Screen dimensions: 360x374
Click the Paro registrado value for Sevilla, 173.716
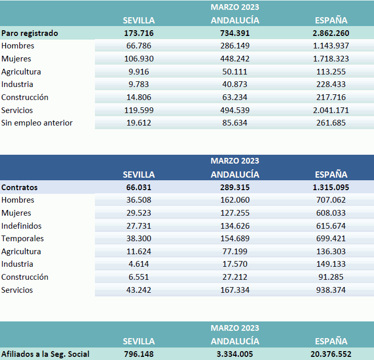coord(138,33)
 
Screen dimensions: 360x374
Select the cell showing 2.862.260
coord(331,33)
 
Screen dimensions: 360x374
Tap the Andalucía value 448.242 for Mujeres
coord(235,59)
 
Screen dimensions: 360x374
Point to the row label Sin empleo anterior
coord(37,123)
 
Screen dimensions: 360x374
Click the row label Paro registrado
coord(30,33)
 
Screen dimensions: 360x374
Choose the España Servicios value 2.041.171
coord(331,110)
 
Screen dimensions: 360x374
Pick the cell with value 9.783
coord(138,84)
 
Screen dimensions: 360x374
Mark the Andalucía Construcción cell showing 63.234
coord(235,97)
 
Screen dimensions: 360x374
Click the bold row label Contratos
coord(20,187)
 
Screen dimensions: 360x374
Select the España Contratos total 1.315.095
coord(331,187)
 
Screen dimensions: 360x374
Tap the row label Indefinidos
coord(21,226)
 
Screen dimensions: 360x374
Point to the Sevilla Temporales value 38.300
coord(138,239)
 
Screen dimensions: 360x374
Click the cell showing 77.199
coord(235,252)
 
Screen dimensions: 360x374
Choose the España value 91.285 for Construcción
coord(331,277)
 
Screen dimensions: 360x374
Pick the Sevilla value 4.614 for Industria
coord(138,264)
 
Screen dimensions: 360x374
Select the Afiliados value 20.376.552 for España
coord(331,354)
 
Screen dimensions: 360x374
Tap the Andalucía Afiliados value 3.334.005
coord(235,354)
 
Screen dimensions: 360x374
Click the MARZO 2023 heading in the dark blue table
coord(235,161)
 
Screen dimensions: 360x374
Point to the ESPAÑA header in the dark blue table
coord(331,175)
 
